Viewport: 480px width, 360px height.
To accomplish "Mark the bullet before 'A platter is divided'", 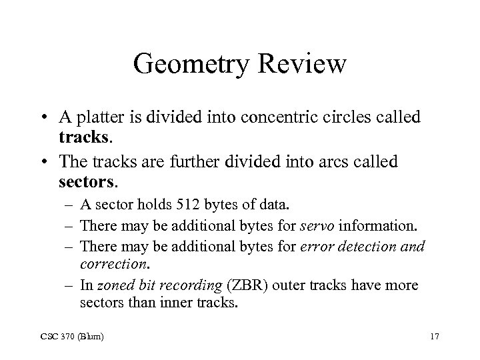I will (x=60, y=118).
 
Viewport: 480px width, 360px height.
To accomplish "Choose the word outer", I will (x=306, y=285).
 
